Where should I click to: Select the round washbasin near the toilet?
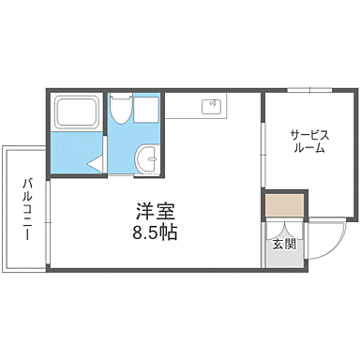(x=148, y=160)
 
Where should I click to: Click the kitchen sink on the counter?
(x=212, y=104)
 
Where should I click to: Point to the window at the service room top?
(x=308, y=91)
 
